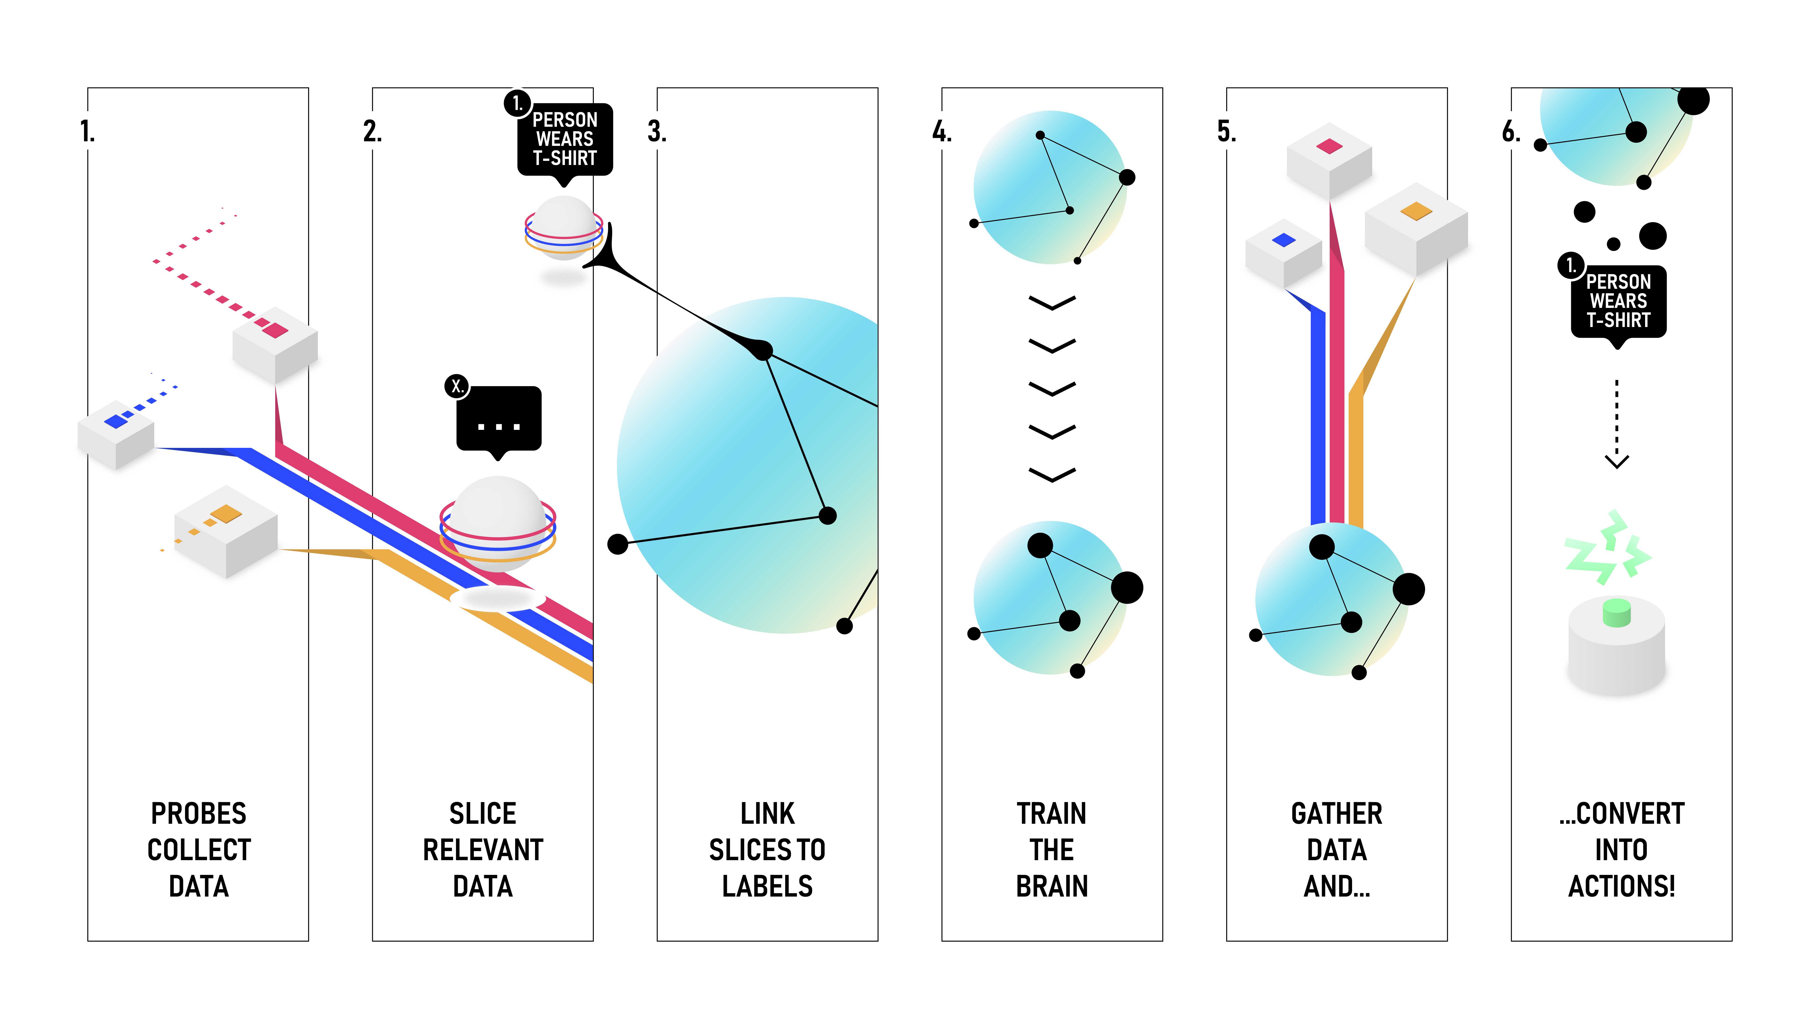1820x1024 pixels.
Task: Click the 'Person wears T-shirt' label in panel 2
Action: tap(564, 139)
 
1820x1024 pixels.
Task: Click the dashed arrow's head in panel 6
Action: tap(1617, 461)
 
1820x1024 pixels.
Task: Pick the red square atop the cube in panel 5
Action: tap(1329, 146)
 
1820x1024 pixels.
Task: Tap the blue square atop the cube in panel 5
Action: tap(1283, 240)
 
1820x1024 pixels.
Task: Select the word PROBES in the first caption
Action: tap(199, 814)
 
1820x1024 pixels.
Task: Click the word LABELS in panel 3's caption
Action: tap(767, 886)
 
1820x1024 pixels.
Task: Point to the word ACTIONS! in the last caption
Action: tap(1621, 886)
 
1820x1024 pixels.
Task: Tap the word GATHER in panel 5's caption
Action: tap(1336, 814)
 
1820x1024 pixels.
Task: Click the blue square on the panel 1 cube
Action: tap(115, 422)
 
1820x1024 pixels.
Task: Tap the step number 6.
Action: tap(1511, 132)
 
